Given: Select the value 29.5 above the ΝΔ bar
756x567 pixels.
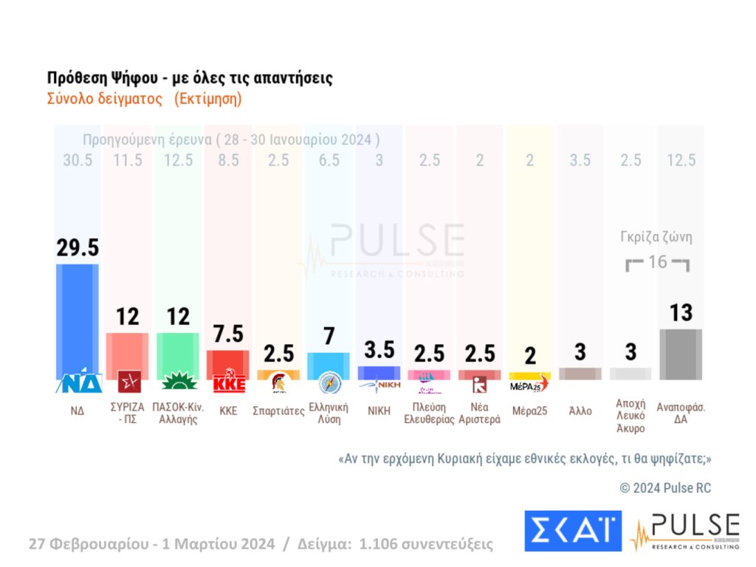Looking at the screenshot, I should (78, 248).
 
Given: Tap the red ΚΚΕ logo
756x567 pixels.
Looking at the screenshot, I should (228, 384).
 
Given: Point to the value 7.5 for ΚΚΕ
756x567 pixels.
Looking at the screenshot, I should (228, 334).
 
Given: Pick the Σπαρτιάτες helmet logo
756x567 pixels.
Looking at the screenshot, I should (279, 383).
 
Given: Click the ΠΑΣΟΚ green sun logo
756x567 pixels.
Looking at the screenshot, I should (178, 382).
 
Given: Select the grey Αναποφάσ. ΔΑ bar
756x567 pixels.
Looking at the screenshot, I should (680, 354).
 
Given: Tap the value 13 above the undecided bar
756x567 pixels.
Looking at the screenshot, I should (680, 312).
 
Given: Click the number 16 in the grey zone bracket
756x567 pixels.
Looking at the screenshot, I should (657, 262).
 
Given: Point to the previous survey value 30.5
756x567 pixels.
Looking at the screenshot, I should (78, 161).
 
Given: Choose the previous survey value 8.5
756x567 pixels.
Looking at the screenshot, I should (228, 161).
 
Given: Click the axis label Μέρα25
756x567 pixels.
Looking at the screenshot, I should (529, 411).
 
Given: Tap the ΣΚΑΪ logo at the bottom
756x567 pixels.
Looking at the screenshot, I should (573, 530).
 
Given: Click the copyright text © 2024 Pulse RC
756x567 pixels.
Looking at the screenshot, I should (665, 488).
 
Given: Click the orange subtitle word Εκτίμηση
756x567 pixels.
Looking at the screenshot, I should (208, 98).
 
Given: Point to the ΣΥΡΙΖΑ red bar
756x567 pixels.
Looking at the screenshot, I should (128, 356).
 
